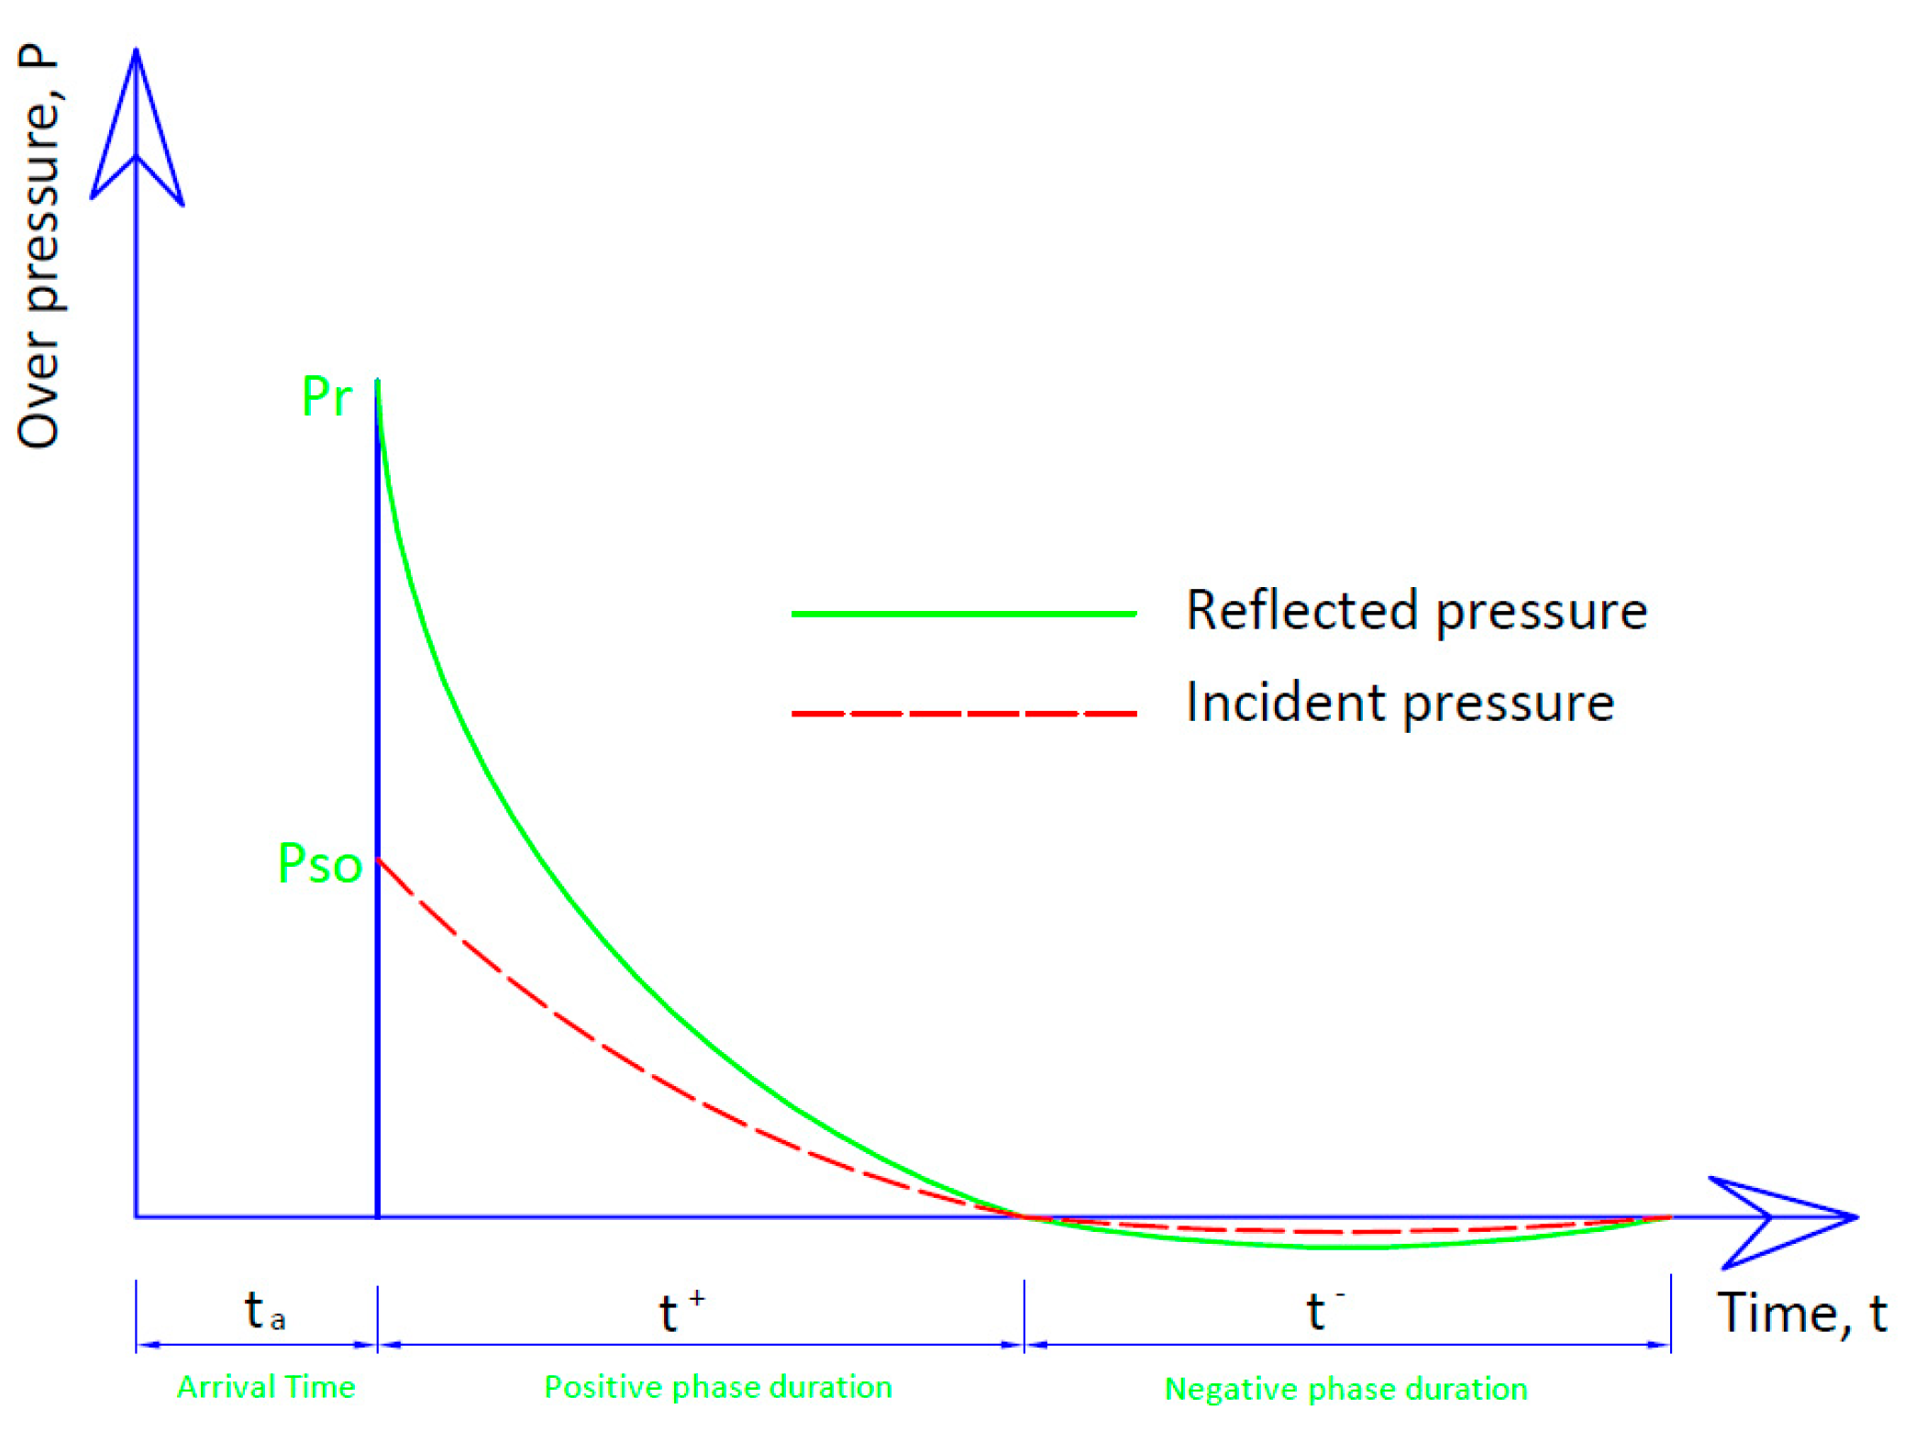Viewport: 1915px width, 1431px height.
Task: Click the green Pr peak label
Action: [x=327, y=397]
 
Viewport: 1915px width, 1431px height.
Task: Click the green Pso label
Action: [x=320, y=863]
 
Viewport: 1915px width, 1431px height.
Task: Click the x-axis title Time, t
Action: [x=1800, y=1314]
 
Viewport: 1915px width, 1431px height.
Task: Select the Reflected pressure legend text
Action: [x=1416, y=610]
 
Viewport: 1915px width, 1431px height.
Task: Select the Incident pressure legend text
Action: [x=1400, y=703]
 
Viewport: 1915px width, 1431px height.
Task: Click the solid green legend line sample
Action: [x=963, y=614]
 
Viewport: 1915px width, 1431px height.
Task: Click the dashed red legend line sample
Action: [x=963, y=713]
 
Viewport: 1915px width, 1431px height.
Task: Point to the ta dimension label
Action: [x=264, y=1310]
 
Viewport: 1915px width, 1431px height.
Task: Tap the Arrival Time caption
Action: [x=266, y=1387]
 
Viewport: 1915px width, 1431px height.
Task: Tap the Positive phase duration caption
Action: [x=718, y=1387]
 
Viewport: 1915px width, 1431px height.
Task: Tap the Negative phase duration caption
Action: [x=1345, y=1389]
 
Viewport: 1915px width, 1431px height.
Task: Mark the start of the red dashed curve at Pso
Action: [x=379, y=860]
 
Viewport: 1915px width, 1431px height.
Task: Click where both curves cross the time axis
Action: [x=1024, y=1217]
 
